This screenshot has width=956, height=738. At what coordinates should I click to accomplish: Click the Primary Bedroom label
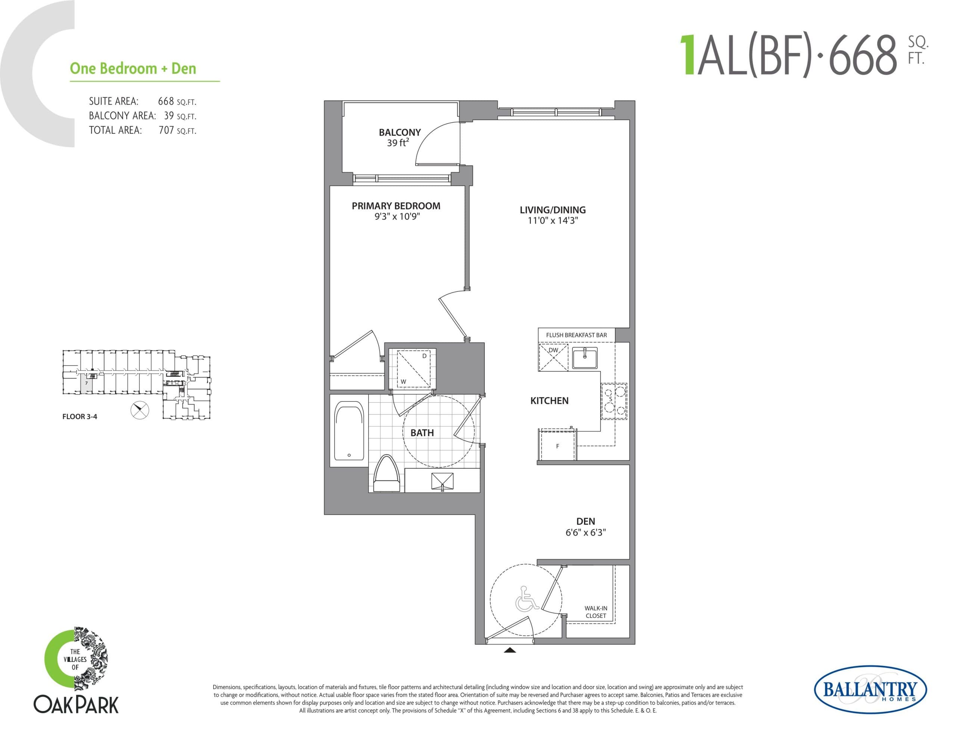[396, 206]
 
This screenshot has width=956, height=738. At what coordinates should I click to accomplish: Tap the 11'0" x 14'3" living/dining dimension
[552, 221]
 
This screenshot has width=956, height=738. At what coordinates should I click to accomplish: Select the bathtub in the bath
[349, 431]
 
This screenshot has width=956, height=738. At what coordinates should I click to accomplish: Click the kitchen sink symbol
[584, 358]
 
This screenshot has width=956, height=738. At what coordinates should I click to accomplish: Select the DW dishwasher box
[553, 357]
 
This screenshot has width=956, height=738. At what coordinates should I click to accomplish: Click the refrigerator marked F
[558, 446]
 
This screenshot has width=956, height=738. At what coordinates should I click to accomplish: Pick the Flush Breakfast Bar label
[576, 335]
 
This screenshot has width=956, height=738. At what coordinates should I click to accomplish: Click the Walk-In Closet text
[596, 612]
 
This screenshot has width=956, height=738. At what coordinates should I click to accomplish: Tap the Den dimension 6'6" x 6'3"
[585, 532]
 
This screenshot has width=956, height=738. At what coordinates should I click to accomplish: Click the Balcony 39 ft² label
[399, 137]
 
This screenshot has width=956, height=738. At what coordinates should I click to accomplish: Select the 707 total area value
[166, 130]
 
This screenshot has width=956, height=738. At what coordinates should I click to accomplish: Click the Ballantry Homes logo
[870, 690]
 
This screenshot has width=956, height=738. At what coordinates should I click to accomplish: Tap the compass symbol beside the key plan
[140, 410]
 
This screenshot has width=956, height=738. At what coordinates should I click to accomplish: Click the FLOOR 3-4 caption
[80, 416]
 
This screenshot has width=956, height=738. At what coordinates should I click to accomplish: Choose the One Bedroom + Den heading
[133, 69]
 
